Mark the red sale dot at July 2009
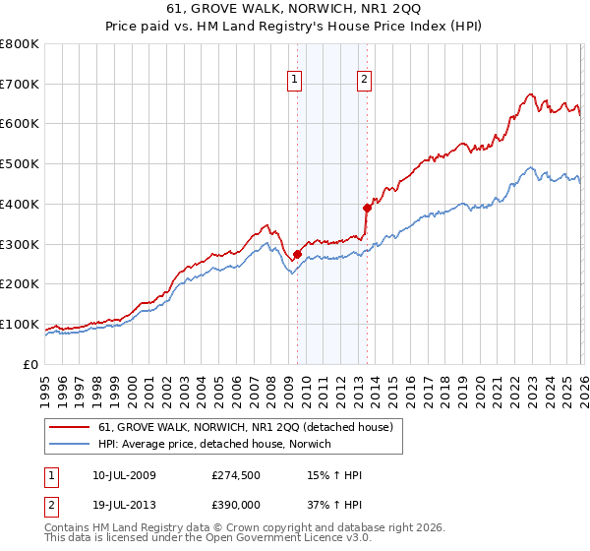[297, 254]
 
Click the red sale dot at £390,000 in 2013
[367, 208]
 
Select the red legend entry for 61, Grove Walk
[246, 427]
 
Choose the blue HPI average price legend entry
[214, 444]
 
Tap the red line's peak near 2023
[530, 94]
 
